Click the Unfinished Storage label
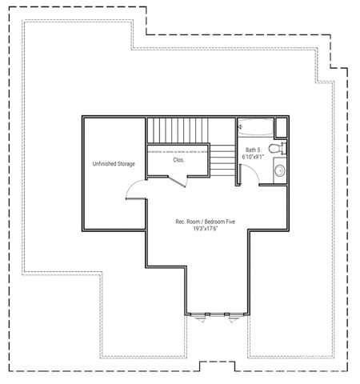click(x=113, y=164)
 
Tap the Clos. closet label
click(x=178, y=159)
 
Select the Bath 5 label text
click(x=253, y=150)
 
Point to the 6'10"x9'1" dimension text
click(x=253, y=157)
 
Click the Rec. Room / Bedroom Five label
click(x=206, y=221)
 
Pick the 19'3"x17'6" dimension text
click(x=206, y=229)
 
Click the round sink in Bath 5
click(x=280, y=170)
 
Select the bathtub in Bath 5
click(x=254, y=127)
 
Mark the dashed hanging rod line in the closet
click(x=178, y=150)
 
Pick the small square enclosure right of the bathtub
click(x=279, y=127)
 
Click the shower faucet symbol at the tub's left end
click(x=240, y=126)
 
